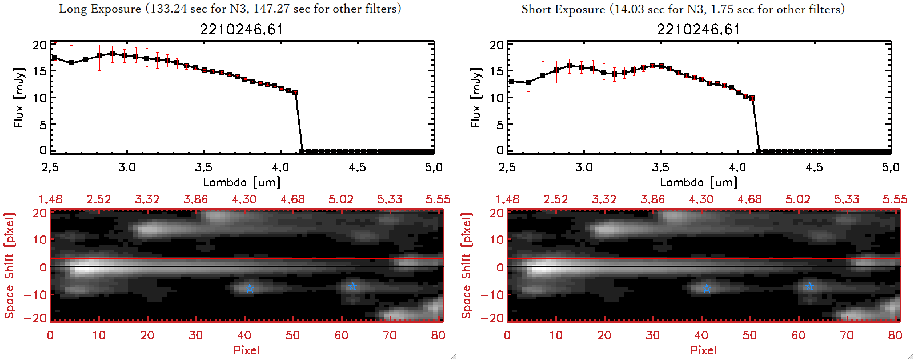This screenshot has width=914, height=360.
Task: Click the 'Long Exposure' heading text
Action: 100,9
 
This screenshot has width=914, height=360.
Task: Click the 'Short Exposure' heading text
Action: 563,9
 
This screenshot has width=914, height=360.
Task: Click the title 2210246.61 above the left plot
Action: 241,29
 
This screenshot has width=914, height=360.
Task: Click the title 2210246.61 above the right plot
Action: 698,29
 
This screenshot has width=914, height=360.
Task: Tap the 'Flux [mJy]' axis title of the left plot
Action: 19,97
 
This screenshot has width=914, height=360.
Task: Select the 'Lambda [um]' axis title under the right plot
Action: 699,182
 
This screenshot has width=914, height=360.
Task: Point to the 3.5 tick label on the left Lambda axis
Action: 203,167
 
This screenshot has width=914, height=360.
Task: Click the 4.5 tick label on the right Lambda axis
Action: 814,167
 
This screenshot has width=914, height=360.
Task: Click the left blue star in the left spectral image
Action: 250,289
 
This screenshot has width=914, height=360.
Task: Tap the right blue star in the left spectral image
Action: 352,286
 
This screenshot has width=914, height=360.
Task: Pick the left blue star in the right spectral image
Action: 707,289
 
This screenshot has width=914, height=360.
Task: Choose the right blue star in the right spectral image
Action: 809,286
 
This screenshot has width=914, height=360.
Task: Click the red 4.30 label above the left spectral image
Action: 244,199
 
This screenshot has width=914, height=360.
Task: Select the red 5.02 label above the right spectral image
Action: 797,199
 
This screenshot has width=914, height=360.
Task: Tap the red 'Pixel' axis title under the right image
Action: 703,350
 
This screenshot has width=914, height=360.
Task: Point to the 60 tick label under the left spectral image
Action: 342,335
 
